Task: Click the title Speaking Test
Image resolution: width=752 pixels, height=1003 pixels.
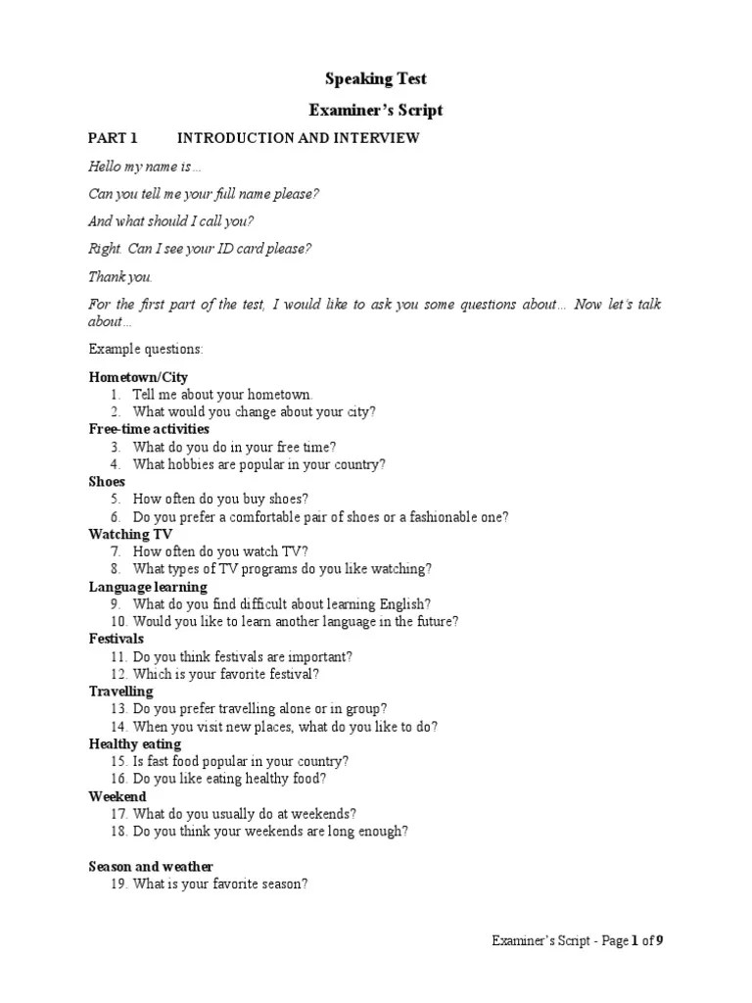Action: click(376, 79)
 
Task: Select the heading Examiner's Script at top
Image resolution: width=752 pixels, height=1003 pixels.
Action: click(376, 110)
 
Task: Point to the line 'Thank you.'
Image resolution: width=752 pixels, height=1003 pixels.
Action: click(120, 276)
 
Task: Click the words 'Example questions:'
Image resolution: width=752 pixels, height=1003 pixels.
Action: click(145, 349)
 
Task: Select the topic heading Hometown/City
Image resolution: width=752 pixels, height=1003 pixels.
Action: click(138, 377)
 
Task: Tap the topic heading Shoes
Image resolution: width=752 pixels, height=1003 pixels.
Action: click(107, 482)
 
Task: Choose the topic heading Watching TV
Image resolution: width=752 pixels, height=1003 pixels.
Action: click(130, 535)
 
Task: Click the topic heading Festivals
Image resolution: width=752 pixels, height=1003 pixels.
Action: click(116, 639)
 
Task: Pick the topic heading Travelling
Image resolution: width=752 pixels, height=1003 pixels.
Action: click(120, 692)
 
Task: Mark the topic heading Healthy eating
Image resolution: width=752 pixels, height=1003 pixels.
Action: click(134, 744)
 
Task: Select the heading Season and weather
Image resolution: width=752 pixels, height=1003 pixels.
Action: click(151, 867)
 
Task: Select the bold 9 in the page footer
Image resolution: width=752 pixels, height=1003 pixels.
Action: click(660, 941)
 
